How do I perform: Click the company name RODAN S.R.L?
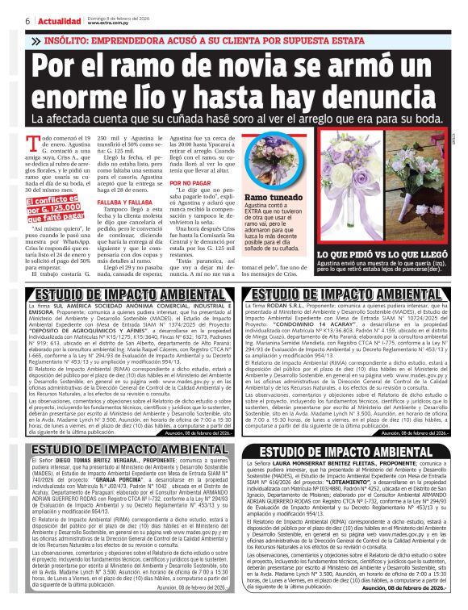coord(295,307)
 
